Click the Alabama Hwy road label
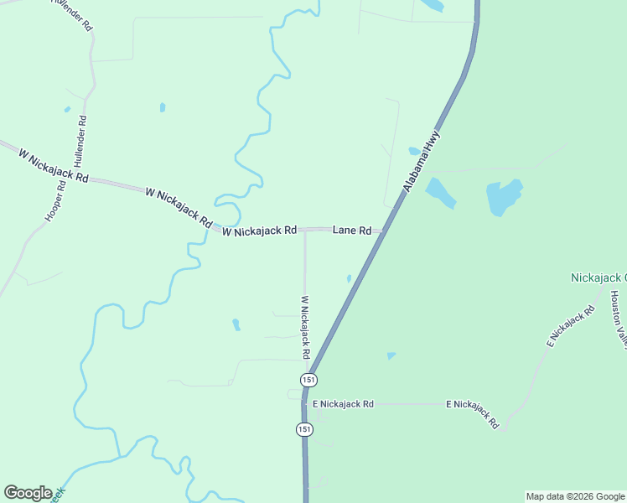coord(421,161)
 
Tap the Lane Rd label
coord(352,230)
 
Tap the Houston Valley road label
coord(619,319)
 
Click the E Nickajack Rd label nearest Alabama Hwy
coord(343,404)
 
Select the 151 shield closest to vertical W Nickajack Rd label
coord(309,380)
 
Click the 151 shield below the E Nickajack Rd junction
coord(303,429)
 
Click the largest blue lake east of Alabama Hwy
coord(504,198)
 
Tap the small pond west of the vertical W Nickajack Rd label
coord(236,324)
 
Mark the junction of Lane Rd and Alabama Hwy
coord(385,231)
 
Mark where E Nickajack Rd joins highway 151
coord(305,403)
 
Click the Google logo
coord(28,493)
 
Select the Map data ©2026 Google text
coord(575,496)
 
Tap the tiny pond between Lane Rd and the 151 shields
coord(349,278)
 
